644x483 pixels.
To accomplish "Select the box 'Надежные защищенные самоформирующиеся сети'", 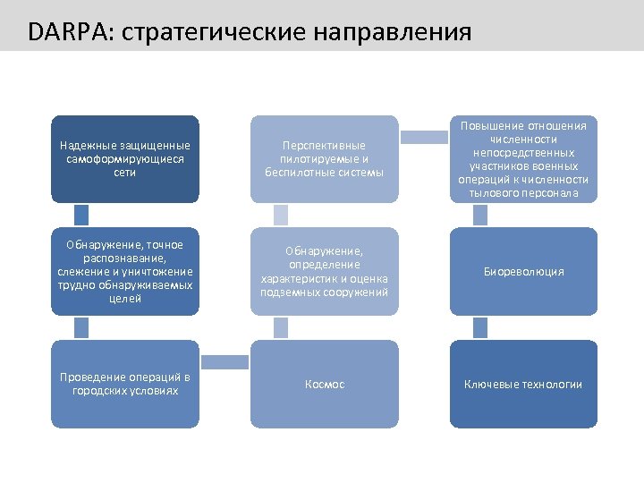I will (124, 158).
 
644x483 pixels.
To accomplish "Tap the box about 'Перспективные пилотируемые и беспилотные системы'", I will (324, 158).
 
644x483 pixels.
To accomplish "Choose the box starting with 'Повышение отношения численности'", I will (523, 158).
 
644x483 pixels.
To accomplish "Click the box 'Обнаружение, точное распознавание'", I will (124, 271).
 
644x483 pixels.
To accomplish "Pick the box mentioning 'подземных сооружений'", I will (324, 271).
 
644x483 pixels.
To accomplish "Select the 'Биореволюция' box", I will (523, 271).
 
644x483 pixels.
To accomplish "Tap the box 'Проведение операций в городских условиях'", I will (124, 384).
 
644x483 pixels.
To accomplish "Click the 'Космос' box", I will (324, 384).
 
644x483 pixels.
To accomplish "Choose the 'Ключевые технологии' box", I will (523, 384).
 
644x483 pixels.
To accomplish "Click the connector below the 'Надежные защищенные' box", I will (81, 215).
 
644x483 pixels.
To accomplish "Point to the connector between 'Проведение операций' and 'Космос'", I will (225, 362).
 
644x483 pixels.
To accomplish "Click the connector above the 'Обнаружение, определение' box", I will (281, 215).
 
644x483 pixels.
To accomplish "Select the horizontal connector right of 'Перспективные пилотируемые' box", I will (424, 137).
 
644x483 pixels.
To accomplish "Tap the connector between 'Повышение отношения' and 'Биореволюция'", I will (480, 215).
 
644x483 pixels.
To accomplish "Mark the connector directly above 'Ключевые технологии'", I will (480, 327).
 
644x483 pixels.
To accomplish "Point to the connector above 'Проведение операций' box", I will (81, 327).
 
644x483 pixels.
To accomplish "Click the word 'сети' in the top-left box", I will (124, 172).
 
